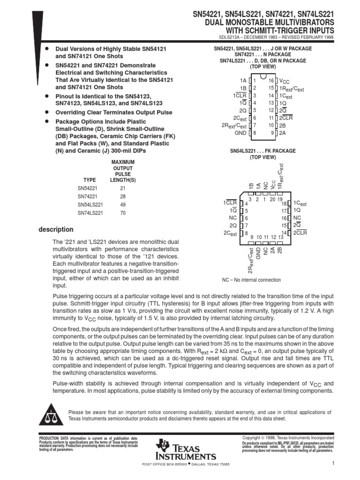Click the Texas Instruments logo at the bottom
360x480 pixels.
(x=186, y=450)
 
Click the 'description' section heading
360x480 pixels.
(x=56, y=230)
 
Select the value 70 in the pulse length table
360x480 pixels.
(x=122, y=213)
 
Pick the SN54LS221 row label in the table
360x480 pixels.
(x=90, y=204)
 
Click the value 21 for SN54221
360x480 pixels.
(x=122, y=187)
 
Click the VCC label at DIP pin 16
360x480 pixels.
(x=285, y=81)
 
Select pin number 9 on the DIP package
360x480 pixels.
(x=272, y=133)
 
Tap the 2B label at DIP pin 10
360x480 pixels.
(x=283, y=125)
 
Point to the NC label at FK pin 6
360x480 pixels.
(x=233, y=218)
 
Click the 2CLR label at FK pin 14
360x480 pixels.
(x=300, y=233)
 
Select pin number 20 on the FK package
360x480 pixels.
(x=272, y=199)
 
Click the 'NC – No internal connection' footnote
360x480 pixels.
(x=251, y=280)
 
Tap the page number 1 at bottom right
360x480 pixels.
(x=332, y=464)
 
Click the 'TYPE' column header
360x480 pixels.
(x=89, y=180)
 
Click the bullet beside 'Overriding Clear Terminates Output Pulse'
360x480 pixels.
(x=47, y=112)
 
